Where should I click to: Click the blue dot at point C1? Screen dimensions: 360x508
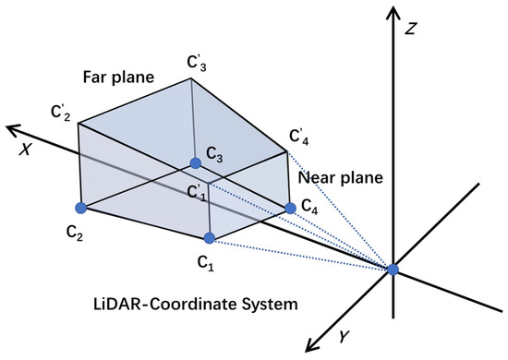point(210,238)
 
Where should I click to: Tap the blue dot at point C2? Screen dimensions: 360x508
point(80,207)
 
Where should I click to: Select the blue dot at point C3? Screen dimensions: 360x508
point(196,163)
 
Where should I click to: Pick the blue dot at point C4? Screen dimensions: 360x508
point(290,209)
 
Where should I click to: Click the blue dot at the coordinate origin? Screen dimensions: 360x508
point(393,269)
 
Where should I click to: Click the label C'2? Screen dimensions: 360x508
point(62,112)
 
